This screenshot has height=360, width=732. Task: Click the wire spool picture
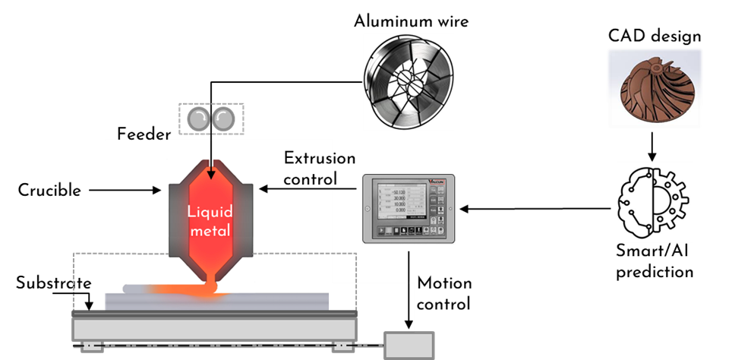[409, 79]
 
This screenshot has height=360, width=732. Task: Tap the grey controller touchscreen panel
[409, 208]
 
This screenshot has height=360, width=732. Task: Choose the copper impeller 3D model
[655, 90]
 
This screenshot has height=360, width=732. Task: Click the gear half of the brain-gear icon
[671, 202]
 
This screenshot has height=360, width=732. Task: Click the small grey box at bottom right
[409, 345]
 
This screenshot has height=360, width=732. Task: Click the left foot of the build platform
[93, 347]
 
